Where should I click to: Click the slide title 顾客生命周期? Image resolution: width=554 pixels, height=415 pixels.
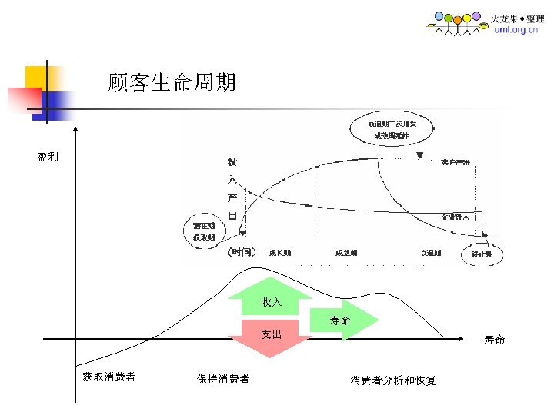172,82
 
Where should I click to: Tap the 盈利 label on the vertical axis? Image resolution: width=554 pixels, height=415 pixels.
47,158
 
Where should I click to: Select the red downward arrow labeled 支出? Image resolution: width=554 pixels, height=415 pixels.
271,337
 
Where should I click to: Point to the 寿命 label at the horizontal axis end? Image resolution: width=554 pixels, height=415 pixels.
495,339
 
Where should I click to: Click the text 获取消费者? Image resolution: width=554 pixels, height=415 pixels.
109,377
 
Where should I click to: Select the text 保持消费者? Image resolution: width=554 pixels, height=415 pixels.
222,379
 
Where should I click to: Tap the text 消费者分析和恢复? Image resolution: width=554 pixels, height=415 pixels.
393,380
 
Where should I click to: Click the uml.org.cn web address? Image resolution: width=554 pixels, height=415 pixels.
516,29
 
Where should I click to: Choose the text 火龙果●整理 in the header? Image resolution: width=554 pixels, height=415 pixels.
518,18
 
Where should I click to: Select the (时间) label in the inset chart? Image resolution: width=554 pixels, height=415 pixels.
240,252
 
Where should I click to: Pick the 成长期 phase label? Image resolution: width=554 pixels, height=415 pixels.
279,253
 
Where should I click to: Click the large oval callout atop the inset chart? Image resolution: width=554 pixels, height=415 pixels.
393,130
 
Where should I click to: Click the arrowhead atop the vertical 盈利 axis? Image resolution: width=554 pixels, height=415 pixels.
75,128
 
